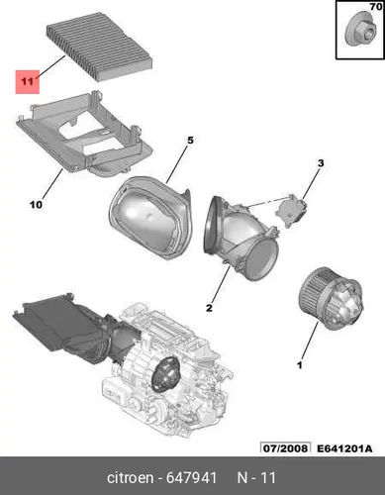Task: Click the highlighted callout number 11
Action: (27, 81)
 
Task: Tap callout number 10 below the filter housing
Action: (36, 205)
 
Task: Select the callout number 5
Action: (190, 141)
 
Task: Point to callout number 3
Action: (321, 163)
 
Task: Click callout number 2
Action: (209, 308)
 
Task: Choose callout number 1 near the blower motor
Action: (300, 365)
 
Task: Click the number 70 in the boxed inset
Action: (375, 6)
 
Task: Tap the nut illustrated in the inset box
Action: (360, 29)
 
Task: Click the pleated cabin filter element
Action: (100, 47)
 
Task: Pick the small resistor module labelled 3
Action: (292, 210)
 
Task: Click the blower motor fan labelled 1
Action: (331, 299)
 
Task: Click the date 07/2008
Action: (285, 448)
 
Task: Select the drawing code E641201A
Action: (344, 448)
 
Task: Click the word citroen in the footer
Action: (130, 478)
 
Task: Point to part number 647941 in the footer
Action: (191, 478)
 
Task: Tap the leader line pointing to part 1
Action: (310, 341)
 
